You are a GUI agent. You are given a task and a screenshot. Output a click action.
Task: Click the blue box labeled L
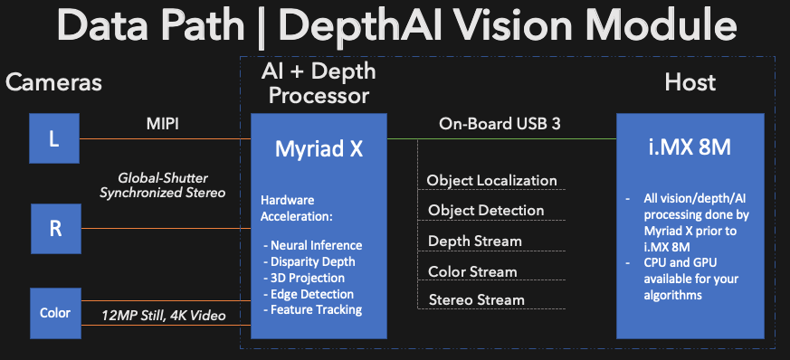(54, 138)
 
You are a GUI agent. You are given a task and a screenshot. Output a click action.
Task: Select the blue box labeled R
(56, 229)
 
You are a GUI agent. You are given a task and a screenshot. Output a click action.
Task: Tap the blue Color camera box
(55, 313)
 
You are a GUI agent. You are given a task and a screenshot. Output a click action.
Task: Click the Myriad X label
(319, 148)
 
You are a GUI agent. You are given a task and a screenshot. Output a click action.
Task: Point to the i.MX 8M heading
(690, 148)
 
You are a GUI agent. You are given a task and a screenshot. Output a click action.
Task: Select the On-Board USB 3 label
(500, 124)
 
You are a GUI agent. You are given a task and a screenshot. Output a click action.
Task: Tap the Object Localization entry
(491, 180)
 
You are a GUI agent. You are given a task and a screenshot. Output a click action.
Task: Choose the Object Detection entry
(486, 210)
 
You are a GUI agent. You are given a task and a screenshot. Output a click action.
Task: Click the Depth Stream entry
(474, 241)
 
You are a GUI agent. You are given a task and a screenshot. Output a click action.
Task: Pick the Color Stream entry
(472, 271)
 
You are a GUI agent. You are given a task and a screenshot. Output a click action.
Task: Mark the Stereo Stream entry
(477, 299)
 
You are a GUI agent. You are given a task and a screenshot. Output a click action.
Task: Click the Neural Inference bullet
(313, 245)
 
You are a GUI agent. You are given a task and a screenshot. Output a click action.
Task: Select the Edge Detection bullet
(309, 294)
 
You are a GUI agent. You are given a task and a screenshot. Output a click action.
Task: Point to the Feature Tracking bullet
(313, 309)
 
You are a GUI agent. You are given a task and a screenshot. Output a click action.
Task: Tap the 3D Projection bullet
(304, 278)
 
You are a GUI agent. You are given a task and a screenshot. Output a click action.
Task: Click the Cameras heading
(54, 82)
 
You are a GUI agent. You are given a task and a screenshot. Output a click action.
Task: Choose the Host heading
(690, 82)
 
